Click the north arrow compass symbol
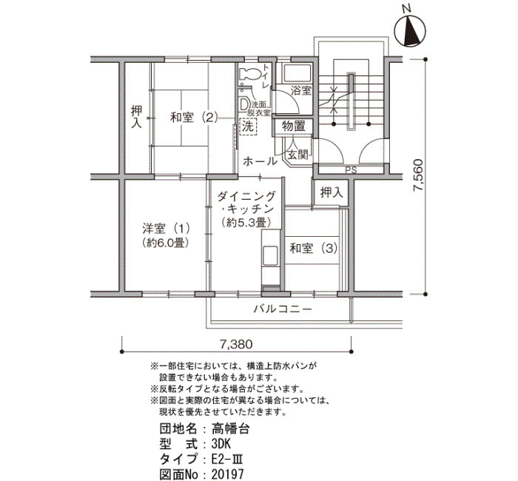pos(410,31)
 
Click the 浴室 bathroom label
pos(301,90)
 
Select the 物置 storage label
pos(293,126)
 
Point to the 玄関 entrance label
pos(297,154)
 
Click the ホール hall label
pos(260,161)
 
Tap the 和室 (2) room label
pos(194,117)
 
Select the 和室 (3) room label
pos(314,248)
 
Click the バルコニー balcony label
pos(283,309)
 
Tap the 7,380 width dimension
pos(235,345)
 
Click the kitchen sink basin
pos(270,255)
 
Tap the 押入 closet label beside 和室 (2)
pos(136,117)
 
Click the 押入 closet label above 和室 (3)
pos(332,193)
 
